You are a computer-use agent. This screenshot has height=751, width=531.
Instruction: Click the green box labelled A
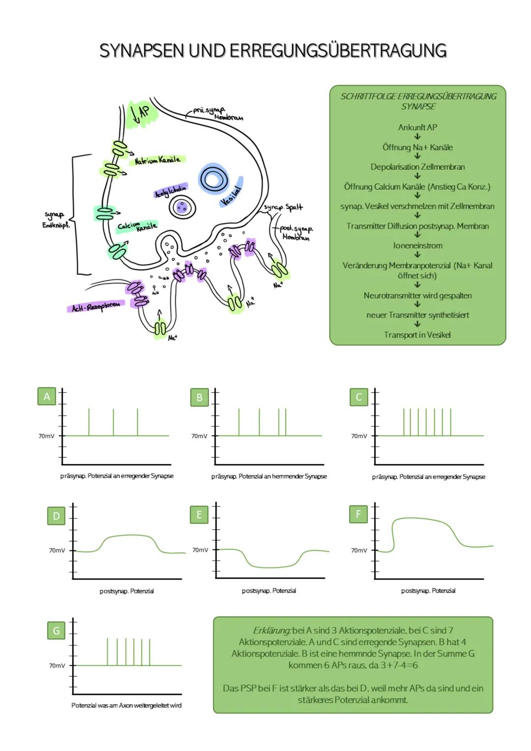pos(47,396)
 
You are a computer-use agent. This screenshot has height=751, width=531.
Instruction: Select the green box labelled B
pos(199,397)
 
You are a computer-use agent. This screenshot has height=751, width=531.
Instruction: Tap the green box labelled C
pos(358,397)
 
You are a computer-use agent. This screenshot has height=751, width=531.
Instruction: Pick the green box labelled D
pos(56,516)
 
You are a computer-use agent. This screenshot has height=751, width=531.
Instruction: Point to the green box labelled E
pos(199,514)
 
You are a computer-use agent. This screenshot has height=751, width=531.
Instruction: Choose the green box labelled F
pos(358,514)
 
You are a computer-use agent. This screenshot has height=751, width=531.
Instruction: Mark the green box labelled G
pos(56,631)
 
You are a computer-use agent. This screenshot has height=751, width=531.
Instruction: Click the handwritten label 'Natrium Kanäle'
pos(157,160)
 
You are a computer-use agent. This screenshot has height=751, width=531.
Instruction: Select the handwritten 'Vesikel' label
pos(231,196)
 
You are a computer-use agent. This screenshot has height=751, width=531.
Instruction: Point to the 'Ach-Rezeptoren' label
pos(96,306)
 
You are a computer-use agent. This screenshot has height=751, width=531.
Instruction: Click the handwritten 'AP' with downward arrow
pos(140,113)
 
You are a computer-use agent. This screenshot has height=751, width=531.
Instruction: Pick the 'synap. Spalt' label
pos(283,208)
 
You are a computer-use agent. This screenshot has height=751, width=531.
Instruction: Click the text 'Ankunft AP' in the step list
pos(417,127)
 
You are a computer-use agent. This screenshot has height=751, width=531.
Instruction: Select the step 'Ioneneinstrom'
pos(417,245)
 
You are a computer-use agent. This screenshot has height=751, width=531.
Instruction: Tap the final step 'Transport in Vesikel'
pos(417,335)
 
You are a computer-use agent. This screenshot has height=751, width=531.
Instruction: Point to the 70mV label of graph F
pos(359,550)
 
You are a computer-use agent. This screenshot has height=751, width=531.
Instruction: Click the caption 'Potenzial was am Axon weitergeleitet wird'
pos(126,705)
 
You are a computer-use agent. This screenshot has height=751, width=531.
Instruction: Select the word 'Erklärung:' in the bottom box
pos(272,631)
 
